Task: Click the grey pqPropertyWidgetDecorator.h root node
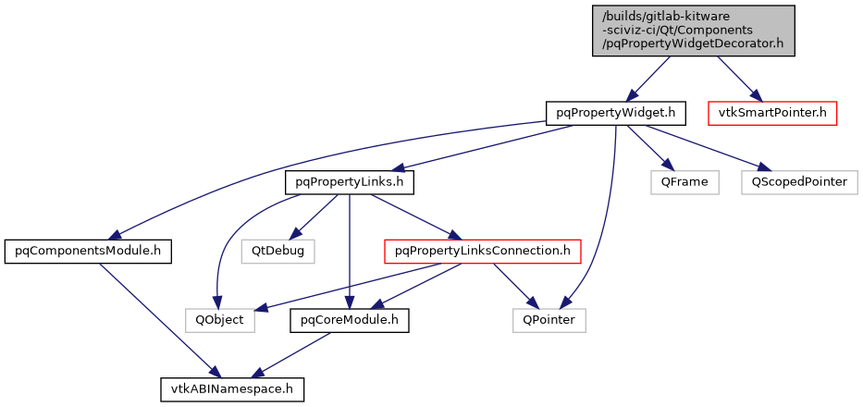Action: coord(694,31)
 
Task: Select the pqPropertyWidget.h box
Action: coord(615,113)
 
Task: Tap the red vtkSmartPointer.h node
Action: coord(772,113)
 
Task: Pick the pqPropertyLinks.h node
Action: coord(349,182)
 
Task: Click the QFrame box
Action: coord(684,182)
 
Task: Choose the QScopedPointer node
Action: coord(799,182)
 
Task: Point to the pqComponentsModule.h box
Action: coord(88,251)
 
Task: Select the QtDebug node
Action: coord(278,251)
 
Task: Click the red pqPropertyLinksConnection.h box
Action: coord(482,251)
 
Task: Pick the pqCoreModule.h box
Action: coord(349,320)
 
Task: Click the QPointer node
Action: coord(549,320)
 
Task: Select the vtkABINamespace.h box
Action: coord(231,389)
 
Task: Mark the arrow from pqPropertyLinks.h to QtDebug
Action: coord(315,216)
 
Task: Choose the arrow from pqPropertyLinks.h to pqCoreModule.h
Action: coord(349,250)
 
